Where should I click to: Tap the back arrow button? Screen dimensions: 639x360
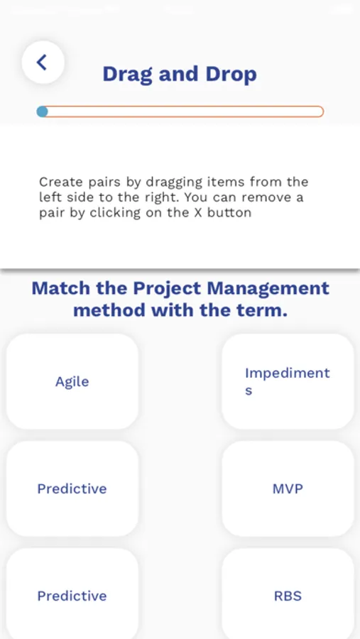pyautogui.click(x=43, y=62)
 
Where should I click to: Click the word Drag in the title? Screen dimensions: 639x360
pyautogui.click(x=126, y=74)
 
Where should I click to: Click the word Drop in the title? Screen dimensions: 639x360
pyautogui.click(x=229, y=74)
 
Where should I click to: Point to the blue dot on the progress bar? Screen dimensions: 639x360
pyautogui.click(x=42, y=111)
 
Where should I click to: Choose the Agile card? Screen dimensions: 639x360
pyautogui.click(x=72, y=381)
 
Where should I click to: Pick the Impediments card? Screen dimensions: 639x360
pyautogui.click(x=288, y=381)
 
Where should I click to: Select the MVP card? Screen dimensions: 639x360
pyautogui.click(x=288, y=488)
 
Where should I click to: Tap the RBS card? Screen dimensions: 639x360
pyautogui.click(x=288, y=595)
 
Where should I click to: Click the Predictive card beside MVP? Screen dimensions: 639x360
pyautogui.click(x=72, y=488)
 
